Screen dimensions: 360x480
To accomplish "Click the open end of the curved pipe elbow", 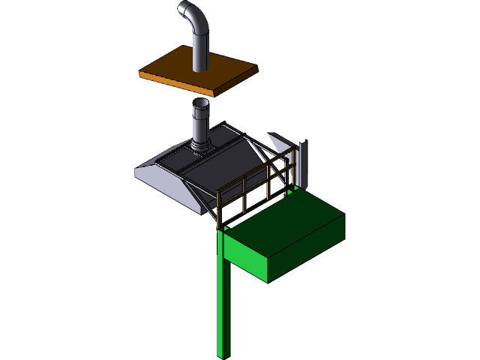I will point(184,10).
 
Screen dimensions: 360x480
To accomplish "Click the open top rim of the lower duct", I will point(202,103).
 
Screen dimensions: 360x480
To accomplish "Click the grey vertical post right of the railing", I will point(304,161).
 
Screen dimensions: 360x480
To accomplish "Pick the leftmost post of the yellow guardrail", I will point(218,210).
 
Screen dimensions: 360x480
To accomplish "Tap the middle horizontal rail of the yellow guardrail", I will point(255,187).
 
